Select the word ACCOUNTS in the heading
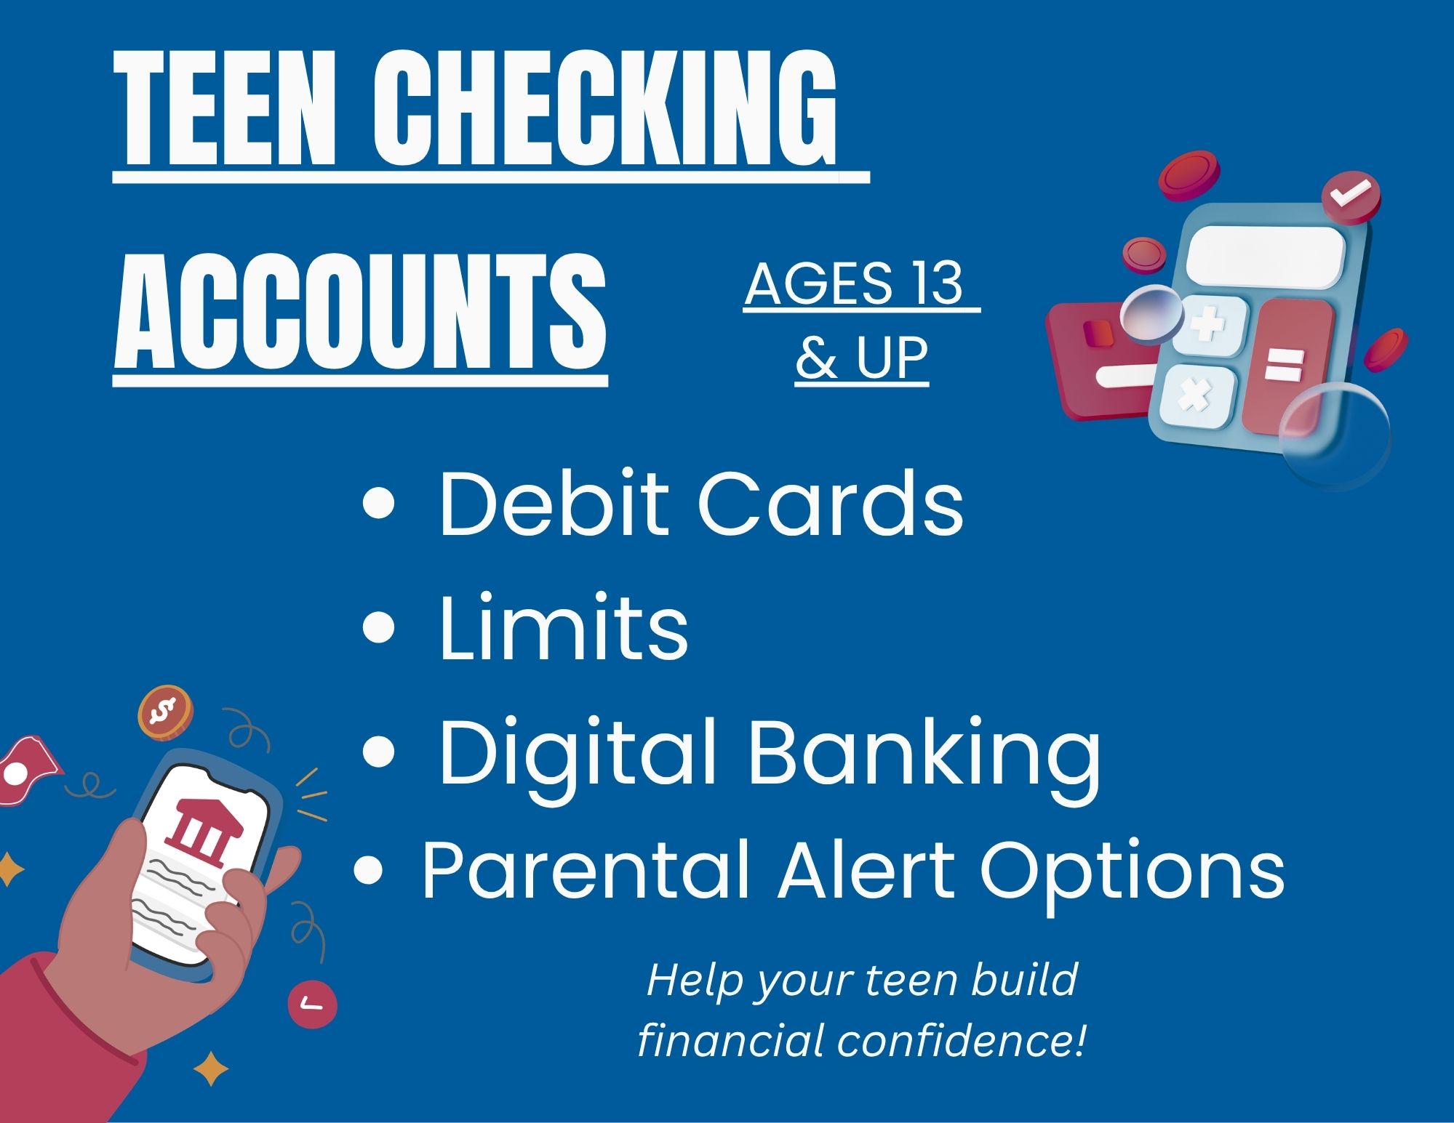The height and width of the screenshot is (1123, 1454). point(360,312)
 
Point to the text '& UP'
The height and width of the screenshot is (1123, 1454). point(862,358)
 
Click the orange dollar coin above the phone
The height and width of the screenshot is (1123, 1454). point(166,712)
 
